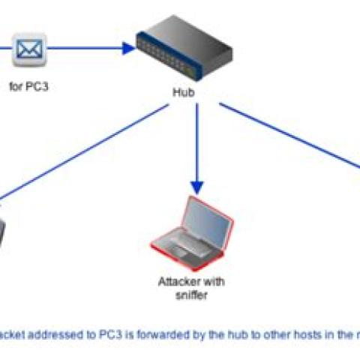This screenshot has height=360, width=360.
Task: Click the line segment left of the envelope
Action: click(6, 51)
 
